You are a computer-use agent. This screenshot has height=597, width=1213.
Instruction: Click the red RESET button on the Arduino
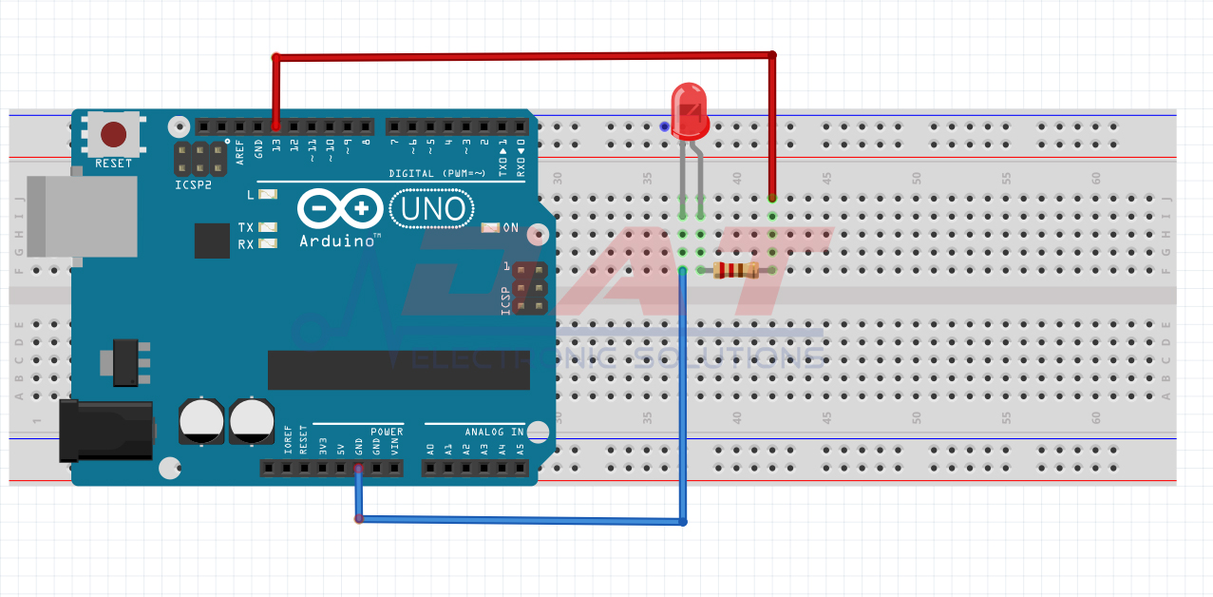point(114,134)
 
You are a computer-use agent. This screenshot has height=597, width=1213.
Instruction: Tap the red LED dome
point(690,107)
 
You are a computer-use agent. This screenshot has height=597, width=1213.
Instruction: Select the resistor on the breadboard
point(736,271)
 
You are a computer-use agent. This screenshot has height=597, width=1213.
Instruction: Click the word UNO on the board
point(430,208)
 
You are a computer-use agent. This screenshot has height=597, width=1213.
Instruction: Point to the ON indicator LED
point(490,228)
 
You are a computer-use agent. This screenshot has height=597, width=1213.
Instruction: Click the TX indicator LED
point(267,227)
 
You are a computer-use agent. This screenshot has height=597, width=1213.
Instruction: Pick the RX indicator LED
point(267,243)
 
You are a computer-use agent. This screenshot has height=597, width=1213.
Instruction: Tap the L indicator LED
point(267,195)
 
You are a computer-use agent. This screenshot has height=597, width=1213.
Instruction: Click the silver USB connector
point(82,216)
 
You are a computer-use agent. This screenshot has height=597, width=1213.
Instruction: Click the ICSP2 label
point(195,185)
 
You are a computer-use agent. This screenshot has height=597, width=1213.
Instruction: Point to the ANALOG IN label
point(494,432)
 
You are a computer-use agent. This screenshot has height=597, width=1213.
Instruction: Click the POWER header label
point(387,432)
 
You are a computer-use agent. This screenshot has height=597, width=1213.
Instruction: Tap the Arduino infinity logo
point(340,208)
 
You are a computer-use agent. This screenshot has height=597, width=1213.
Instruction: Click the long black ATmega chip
point(398,370)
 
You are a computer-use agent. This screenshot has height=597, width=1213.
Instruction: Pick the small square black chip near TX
point(212,241)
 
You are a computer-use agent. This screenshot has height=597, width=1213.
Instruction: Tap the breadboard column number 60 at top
point(1095,178)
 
